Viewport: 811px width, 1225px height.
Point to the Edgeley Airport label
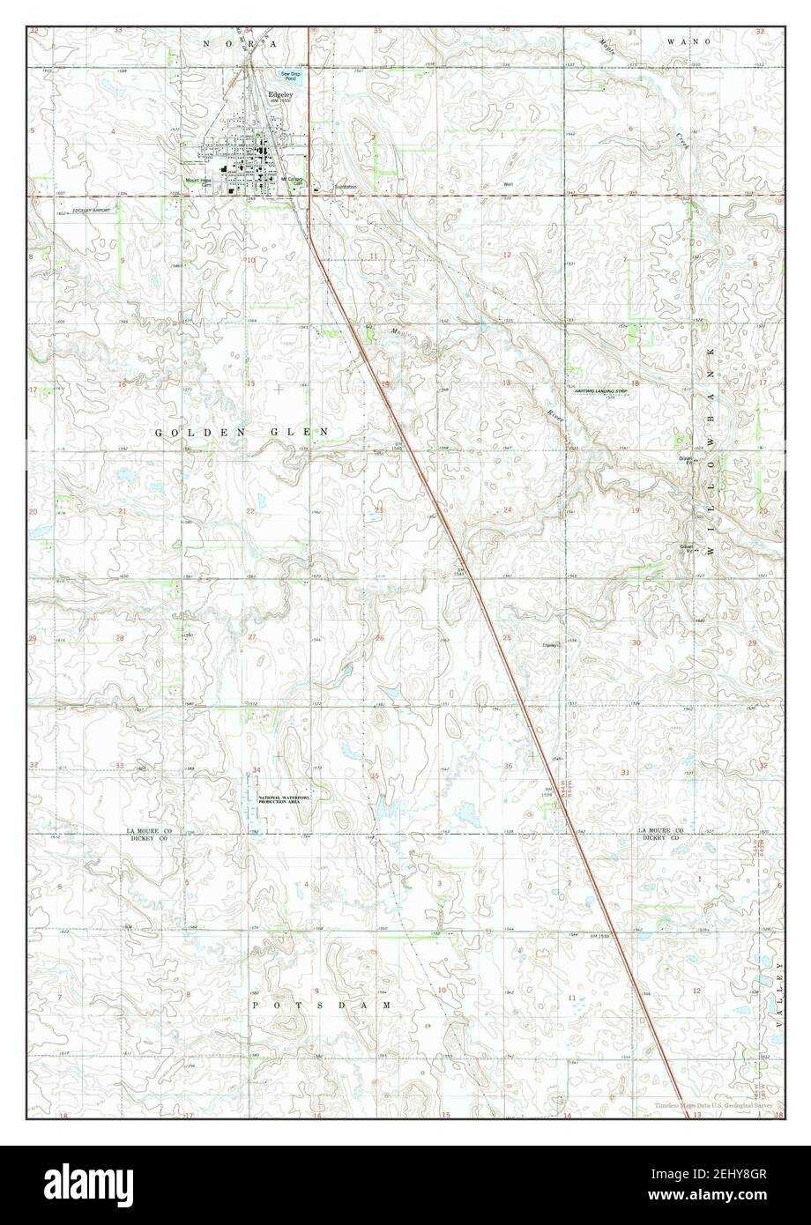[92, 211]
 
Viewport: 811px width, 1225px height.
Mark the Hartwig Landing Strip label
[606, 390]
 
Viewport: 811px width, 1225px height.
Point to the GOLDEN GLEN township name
[242, 432]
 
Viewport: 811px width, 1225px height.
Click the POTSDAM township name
[321, 1004]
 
